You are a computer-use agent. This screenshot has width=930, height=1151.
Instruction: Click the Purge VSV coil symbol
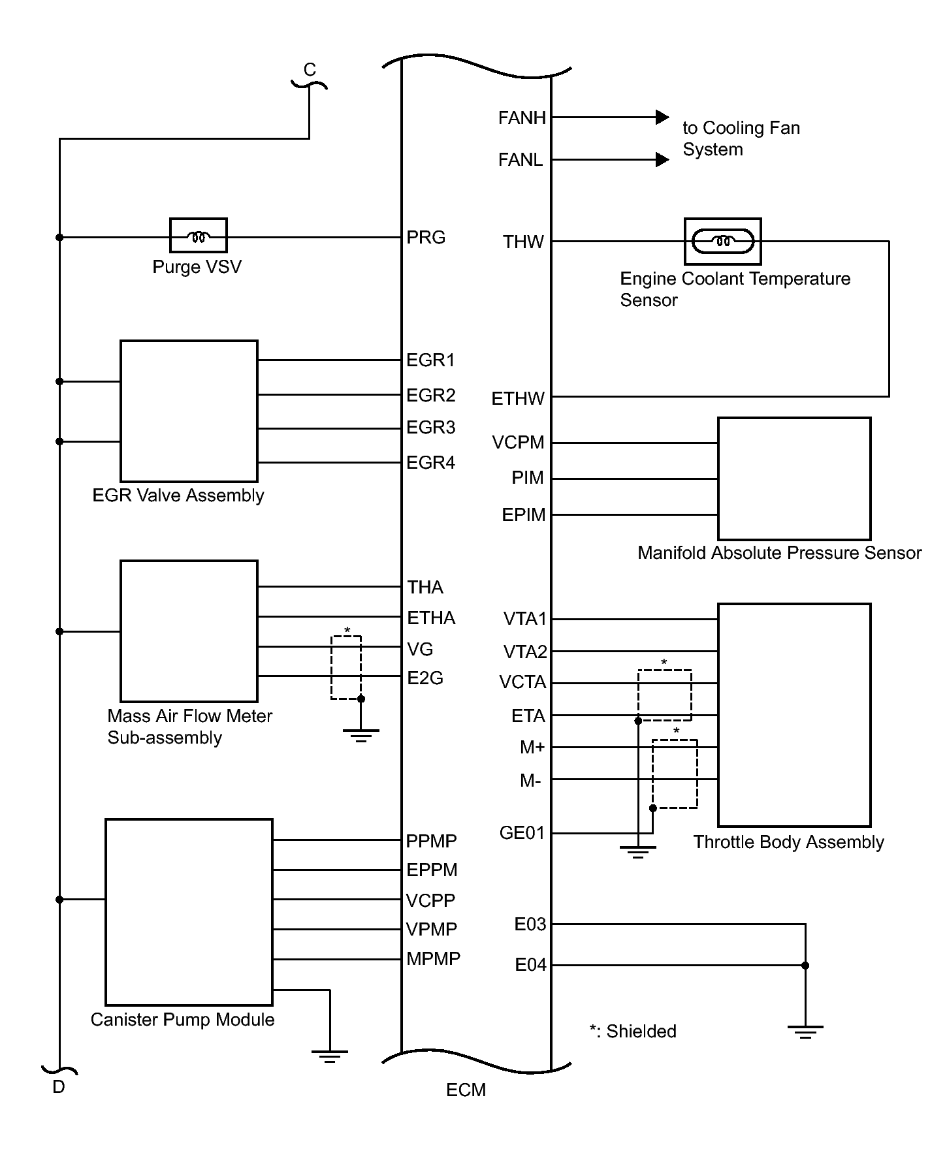click(x=198, y=236)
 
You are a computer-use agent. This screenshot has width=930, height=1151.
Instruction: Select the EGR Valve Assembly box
click(x=189, y=411)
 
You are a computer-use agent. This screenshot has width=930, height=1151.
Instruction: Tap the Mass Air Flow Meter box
click(x=189, y=631)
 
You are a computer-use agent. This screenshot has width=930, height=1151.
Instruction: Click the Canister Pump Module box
click(x=189, y=911)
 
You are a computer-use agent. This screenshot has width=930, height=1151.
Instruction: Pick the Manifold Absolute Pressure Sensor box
click(x=794, y=479)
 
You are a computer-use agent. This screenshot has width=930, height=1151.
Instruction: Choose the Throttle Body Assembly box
click(x=794, y=715)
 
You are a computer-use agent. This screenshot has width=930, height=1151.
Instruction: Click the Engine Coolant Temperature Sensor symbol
click(x=722, y=242)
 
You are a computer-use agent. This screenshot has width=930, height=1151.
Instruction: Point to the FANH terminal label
click(x=522, y=118)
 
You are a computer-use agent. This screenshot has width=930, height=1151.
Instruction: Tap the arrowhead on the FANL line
click(x=662, y=159)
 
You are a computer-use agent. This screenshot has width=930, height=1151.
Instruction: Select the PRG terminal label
click(x=426, y=238)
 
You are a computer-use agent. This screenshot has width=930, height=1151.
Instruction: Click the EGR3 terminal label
click(x=430, y=428)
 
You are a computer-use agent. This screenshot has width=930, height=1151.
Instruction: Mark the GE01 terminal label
click(x=521, y=833)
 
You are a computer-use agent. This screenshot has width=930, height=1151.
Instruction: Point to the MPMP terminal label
click(x=433, y=958)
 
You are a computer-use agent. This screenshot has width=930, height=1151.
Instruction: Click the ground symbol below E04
click(x=805, y=1032)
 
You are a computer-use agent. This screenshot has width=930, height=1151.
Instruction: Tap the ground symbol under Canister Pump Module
click(x=330, y=1056)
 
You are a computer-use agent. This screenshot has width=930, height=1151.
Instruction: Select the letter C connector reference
click(x=310, y=70)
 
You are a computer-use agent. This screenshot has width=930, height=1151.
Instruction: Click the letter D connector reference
click(x=59, y=1087)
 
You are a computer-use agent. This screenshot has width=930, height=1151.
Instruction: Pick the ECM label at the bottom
click(x=466, y=1090)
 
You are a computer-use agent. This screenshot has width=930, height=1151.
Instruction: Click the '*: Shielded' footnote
click(x=632, y=1032)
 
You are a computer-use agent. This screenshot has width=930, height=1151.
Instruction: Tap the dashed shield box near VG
click(x=345, y=667)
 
